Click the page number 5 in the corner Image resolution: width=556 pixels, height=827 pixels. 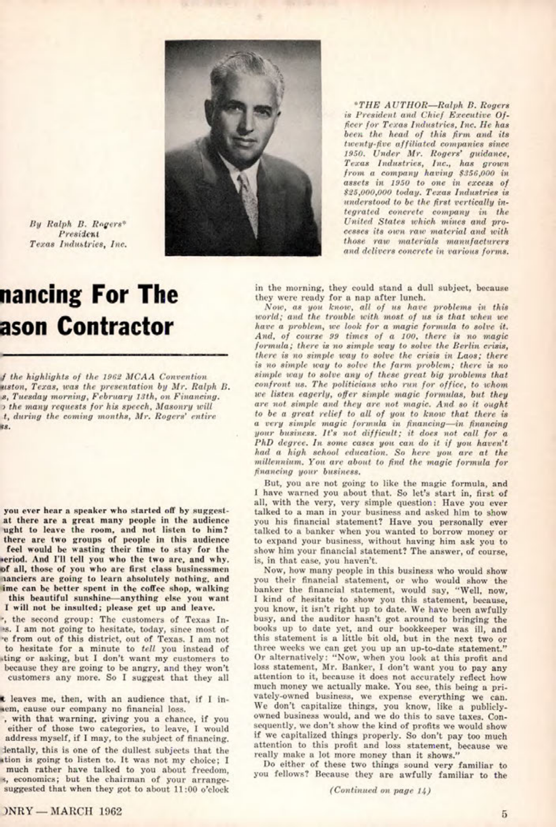tap(504, 814)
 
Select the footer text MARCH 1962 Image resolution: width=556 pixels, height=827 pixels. tap(86, 811)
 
